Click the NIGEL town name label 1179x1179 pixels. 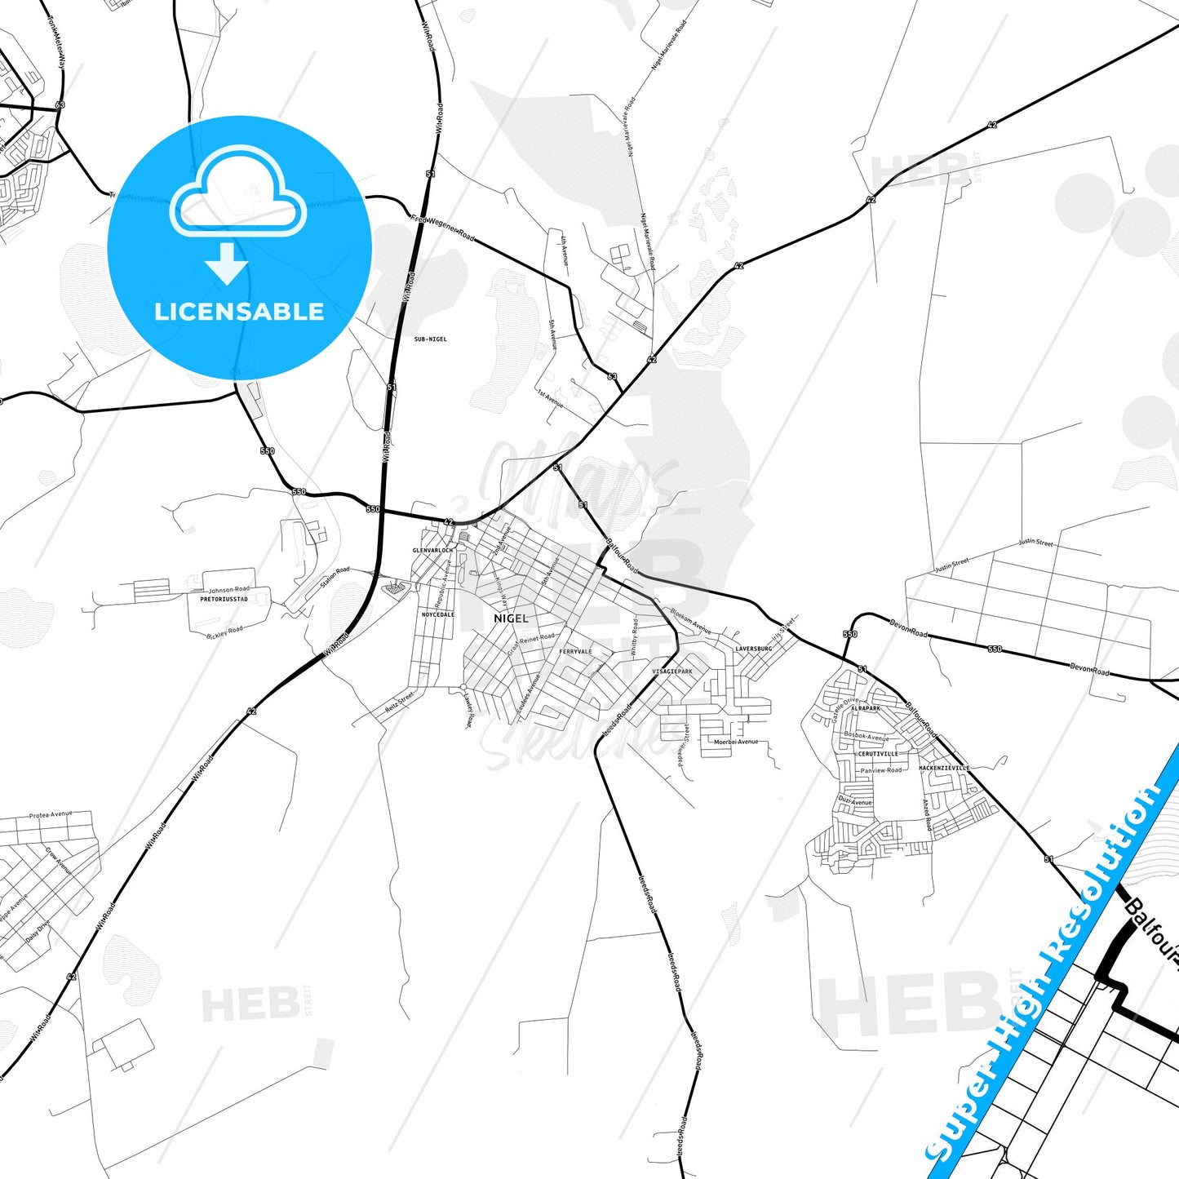pos(512,618)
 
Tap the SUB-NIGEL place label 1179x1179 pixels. pos(431,339)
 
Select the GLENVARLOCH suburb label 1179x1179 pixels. pos(432,551)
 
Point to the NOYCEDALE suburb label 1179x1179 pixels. pos(438,614)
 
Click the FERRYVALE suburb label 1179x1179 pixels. pos(576,651)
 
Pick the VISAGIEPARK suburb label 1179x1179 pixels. pos(672,671)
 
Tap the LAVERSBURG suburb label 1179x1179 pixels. pos(753,649)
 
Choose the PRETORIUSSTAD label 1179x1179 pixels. pos(224,599)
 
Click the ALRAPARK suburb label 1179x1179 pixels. pos(866,708)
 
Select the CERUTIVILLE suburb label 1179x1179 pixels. pos(878,754)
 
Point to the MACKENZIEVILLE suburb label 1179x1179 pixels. pos(945,768)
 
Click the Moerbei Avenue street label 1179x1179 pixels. pos(736,742)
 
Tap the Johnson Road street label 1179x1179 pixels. pos(229,589)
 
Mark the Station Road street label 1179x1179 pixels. pos(335,578)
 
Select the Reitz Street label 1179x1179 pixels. pos(400,702)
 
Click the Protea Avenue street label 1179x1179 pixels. pos(51,815)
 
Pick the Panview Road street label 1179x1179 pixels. pos(881,770)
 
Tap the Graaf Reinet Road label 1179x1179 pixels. pos(530,640)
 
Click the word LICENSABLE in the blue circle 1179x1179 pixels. pos(239,312)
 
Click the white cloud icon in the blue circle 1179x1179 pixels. pos(237,192)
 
